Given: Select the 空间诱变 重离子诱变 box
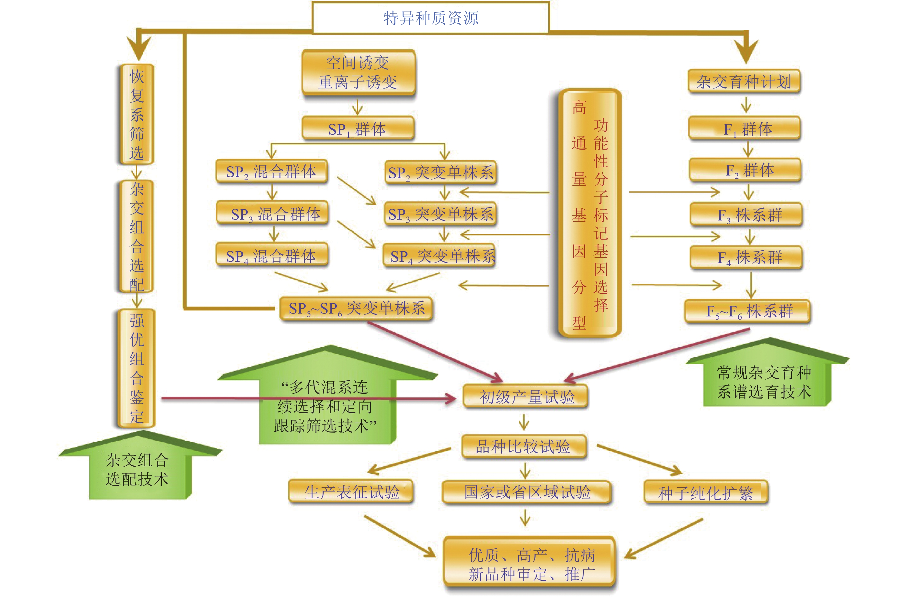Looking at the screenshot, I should coord(358,72).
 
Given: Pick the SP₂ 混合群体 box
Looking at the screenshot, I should coord(271,171).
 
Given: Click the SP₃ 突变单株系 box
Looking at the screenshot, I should coord(440,214).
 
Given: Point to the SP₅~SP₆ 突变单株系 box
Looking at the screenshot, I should coord(356,308).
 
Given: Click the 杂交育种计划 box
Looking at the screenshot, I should coord(744,81).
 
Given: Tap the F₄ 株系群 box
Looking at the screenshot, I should coord(746,257).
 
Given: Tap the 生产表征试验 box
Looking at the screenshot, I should coord(351,491).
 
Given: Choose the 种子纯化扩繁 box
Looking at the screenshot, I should coord(706,492).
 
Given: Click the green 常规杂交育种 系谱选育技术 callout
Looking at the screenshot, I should coord(764,382).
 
